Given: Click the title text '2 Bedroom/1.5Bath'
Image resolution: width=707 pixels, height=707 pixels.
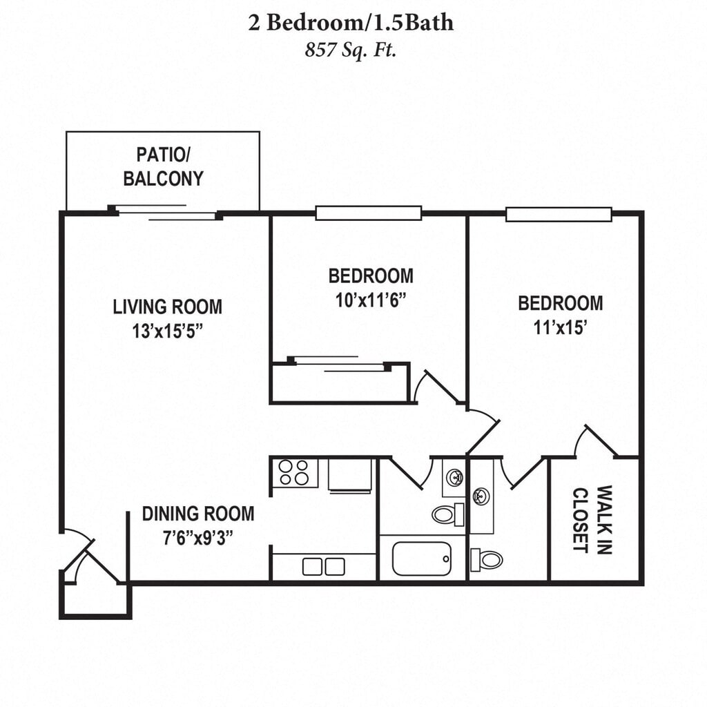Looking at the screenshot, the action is point(351,23).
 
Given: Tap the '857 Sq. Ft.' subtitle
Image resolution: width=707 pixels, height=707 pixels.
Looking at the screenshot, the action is point(350,50).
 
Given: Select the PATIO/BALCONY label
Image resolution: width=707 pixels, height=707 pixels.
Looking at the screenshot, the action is point(163,167).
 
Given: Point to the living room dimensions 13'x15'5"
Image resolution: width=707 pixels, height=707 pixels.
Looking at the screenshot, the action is point(167,331).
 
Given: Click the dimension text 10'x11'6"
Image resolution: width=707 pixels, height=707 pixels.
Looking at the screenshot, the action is point(371,300).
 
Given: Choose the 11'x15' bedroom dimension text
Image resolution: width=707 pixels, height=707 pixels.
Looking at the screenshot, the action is point(560,328).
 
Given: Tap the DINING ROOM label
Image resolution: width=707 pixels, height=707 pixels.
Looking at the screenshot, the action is point(198,514).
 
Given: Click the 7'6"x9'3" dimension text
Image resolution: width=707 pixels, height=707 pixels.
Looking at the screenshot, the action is point(198,538).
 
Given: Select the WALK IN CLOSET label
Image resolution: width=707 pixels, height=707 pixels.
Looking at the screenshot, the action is point(592,519).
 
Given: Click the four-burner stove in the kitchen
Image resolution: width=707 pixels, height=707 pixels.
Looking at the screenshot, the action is point(294,472).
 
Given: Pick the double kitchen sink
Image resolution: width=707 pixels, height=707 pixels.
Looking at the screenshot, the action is point(323,567).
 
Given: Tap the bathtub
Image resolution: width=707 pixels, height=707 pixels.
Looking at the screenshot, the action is point(422,559).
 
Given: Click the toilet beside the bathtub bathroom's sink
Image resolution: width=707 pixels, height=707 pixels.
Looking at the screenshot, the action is point(448,514).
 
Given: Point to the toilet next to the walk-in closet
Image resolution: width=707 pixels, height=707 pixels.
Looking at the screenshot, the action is point(486,560).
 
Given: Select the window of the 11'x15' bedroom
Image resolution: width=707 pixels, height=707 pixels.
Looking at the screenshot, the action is point(559,214).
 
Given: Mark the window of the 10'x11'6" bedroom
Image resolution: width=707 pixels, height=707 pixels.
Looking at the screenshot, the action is point(369,213).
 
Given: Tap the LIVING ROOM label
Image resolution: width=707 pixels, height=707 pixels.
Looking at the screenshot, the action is point(167,307).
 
